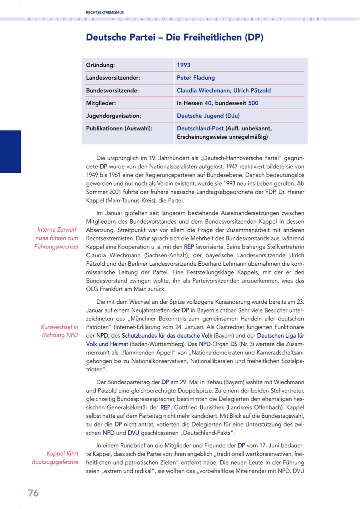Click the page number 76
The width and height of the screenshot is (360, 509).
pos(33,493)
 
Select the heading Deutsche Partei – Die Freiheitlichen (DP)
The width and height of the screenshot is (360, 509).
pos(174,38)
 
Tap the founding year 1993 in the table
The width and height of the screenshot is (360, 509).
pos(184,65)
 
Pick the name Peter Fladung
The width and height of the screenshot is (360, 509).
pos(196,78)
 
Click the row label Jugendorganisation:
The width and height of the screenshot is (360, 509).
pos(114,116)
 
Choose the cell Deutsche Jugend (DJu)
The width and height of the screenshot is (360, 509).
pos(208,116)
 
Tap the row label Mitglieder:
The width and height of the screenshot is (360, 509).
pos(101,103)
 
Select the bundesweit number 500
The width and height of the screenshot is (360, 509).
pos(253,103)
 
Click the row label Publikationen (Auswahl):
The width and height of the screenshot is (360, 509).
pos(119,128)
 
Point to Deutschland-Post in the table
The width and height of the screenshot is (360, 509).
pos(200,128)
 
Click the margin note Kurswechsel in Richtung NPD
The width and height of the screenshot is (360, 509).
pos(60,331)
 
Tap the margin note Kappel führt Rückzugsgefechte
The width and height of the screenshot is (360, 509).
pos(55,458)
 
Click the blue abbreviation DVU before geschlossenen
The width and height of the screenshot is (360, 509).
pos(134,433)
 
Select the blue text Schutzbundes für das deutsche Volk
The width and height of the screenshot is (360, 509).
pos(167,335)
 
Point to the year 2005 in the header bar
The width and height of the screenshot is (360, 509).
pos(315,19)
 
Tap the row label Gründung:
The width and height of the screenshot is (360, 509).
pos(100,65)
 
